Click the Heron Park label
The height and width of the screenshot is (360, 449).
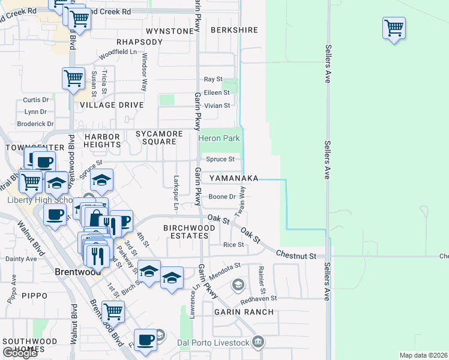[x=220, y=139]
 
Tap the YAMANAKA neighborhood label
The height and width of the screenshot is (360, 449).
[x=234, y=179]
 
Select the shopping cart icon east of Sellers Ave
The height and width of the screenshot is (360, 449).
[x=394, y=28]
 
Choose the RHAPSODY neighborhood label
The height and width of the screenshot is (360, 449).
[x=139, y=42]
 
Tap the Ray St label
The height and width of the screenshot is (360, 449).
[x=213, y=79]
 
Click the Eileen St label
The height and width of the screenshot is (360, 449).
[x=217, y=92]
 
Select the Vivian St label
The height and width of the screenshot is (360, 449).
[x=217, y=106]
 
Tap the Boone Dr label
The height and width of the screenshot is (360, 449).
[x=221, y=197]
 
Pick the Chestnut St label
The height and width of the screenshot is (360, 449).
[x=296, y=256]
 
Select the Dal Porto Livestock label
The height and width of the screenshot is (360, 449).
[x=213, y=343]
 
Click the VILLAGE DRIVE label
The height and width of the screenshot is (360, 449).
[x=112, y=105]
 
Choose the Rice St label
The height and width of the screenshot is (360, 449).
[x=234, y=245]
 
